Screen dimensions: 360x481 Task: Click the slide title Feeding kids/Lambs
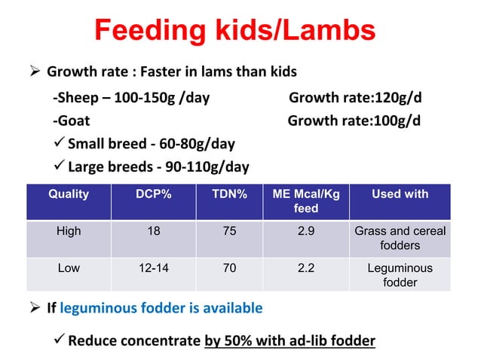click(234, 31)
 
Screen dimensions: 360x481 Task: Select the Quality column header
click(69, 194)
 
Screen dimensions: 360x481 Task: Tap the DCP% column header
click(153, 194)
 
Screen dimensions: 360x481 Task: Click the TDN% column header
click(229, 194)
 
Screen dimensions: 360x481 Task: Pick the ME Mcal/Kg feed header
click(305, 200)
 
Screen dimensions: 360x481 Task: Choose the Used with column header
click(400, 194)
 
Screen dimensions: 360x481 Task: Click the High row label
click(69, 232)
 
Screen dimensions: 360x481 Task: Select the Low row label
click(69, 268)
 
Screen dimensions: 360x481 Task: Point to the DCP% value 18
click(153, 232)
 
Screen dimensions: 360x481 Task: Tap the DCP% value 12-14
click(153, 268)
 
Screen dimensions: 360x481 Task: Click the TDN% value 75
click(229, 232)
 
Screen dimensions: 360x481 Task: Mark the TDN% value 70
click(229, 268)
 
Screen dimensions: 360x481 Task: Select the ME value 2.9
click(305, 232)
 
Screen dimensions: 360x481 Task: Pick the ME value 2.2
click(305, 268)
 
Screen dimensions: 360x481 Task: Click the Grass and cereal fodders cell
click(400, 239)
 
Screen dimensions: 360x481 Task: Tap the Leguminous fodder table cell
click(400, 275)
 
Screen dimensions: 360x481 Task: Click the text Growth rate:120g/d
click(354, 97)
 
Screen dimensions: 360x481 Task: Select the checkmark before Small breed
click(59, 143)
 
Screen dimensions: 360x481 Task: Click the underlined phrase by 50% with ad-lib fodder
click(290, 340)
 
